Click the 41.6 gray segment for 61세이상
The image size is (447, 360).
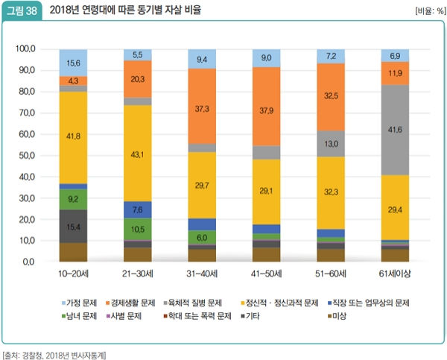[395, 130]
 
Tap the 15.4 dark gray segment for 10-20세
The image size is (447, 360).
[74, 226]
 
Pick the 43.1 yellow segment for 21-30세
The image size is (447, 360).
[138, 154]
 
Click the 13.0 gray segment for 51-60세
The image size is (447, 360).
[331, 143]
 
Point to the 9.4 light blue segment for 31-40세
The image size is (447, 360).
[202, 59]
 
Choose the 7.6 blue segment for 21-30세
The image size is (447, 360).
[138, 209]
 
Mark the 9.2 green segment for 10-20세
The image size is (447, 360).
[74, 199]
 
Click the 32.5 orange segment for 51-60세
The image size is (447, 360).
[331, 95]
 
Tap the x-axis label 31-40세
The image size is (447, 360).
[202, 274]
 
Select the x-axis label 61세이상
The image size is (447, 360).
[395, 274]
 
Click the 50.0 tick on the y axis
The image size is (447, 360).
[27, 156]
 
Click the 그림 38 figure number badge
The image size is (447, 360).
[22, 11]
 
